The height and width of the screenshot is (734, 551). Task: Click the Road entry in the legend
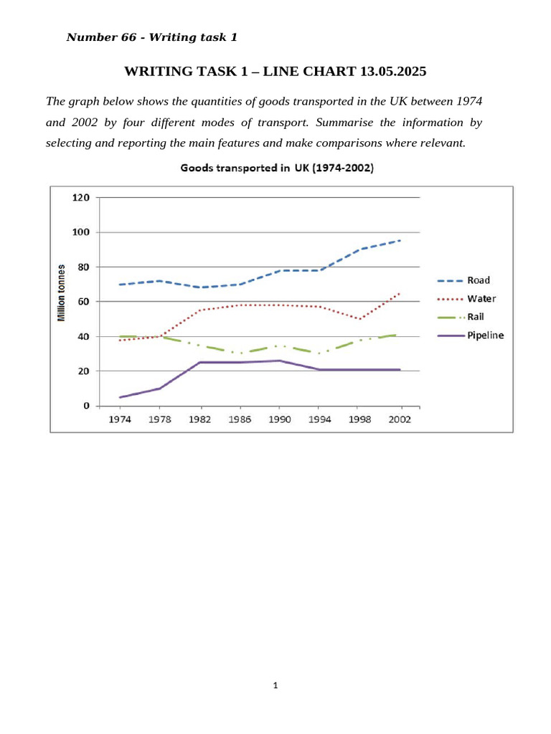(479, 280)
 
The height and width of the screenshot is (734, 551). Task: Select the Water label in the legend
(481, 299)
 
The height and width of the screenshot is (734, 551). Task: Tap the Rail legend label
(475, 317)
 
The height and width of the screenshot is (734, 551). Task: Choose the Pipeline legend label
(486, 335)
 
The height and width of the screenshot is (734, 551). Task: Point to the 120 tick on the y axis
(80, 198)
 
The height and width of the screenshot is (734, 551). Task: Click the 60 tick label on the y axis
(83, 302)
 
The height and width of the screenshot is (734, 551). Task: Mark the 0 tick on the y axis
(86, 406)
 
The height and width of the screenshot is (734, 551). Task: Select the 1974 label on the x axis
(120, 419)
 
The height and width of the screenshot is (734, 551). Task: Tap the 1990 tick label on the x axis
(280, 419)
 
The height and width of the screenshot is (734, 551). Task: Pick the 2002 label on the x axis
(400, 419)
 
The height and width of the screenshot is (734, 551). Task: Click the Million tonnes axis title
(62, 293)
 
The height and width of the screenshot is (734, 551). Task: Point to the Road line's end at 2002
(400, 241)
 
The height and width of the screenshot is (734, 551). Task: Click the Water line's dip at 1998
(360, 319)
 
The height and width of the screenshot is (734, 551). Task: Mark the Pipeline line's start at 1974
(120, 397)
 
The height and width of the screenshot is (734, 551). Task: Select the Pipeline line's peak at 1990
(280, 361)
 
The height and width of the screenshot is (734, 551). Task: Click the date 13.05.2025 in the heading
(393, 72)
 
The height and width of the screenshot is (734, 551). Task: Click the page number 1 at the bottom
(275, 685)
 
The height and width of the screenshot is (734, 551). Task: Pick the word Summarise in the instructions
(344, 123)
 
